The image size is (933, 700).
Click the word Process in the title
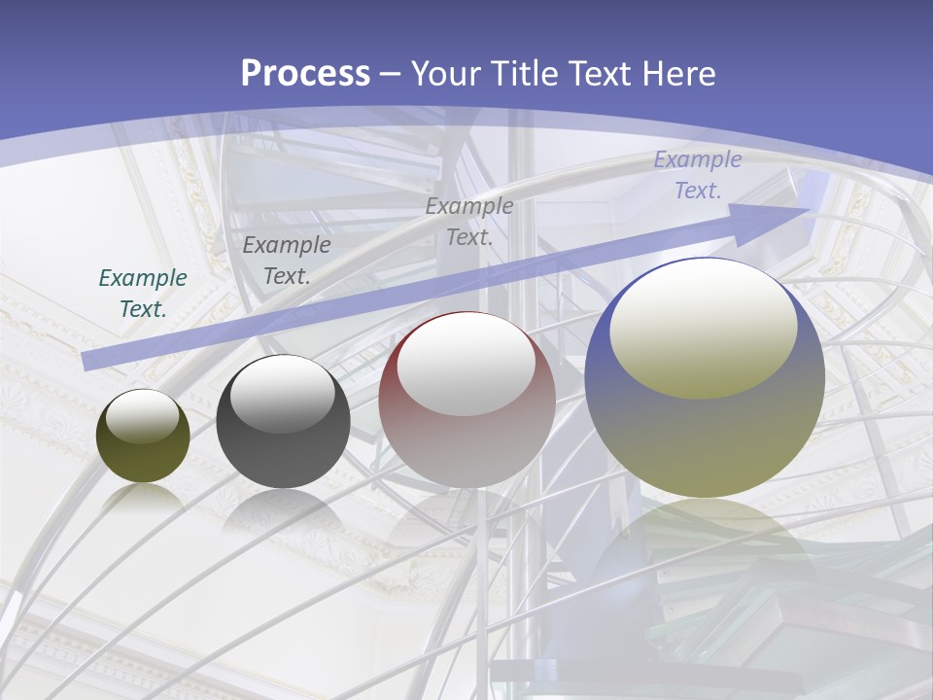tap(305, 74)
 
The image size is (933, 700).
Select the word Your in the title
tap(448, 74)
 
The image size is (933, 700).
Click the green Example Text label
tap(143, 294)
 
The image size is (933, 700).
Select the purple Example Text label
tap(697, 175)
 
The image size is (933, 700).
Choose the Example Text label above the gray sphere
tap(287, 261)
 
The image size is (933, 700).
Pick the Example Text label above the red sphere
tap(469, 222)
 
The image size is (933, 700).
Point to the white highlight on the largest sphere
tap(703, 326)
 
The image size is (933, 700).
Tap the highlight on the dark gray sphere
tap(283, 394)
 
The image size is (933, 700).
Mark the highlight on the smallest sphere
tap(143, 416)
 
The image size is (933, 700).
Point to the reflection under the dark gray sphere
tap(283, 510)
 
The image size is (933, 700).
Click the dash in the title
tap(391, 75)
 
